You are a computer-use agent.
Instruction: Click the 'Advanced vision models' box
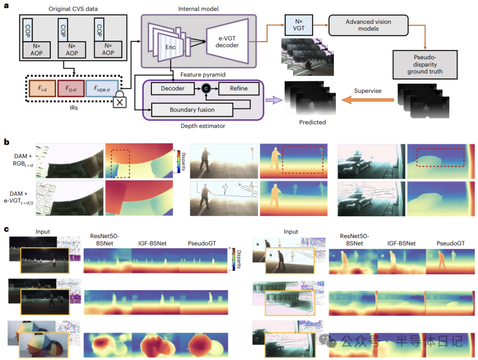tap(368, 25)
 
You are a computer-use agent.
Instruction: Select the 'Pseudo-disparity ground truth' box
tap(425, 65)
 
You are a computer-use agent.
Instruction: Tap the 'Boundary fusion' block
tap(192, 110)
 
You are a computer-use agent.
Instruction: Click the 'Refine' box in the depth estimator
tap(239, 88)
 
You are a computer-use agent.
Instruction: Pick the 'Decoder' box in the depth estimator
tap(173, 88)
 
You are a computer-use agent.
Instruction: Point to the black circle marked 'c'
tap(206, 88)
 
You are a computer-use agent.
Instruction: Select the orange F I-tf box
tap(42, 88)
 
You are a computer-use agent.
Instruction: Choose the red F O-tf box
tap(71, 88)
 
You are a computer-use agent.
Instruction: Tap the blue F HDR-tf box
tap(102, 88)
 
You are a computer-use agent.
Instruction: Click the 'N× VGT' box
tap(298, 25)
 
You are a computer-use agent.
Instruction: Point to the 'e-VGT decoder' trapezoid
tap(227, 42)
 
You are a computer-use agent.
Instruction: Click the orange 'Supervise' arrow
tap(368, 100)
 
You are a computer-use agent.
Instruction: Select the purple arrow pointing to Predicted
tap(274, 100)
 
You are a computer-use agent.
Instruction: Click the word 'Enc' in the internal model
tap(170, 47)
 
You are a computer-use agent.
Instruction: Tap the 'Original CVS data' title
tap(73, 9)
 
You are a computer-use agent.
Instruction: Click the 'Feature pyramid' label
tap(203, 75)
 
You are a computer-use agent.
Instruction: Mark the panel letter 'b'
tap(6, 142)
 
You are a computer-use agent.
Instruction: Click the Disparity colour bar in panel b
tap(179, 161)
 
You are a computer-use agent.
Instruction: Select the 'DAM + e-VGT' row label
tap(18, 197)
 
